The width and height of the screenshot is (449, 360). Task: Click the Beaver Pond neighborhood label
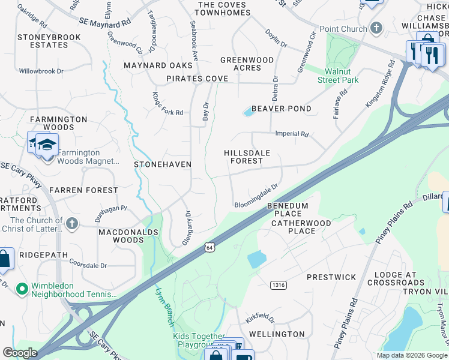282,109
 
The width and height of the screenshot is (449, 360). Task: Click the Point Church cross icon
376,28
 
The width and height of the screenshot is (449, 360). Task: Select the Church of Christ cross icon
71,224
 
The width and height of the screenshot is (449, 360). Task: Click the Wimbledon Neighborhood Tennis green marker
23,290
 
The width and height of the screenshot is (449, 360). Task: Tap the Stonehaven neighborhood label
163,164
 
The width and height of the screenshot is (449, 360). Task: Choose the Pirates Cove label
197,79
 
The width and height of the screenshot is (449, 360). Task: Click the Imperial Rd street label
291,134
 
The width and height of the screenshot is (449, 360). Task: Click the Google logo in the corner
20,353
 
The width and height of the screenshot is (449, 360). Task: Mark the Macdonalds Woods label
128,236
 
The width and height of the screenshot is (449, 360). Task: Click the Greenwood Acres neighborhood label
247,64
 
